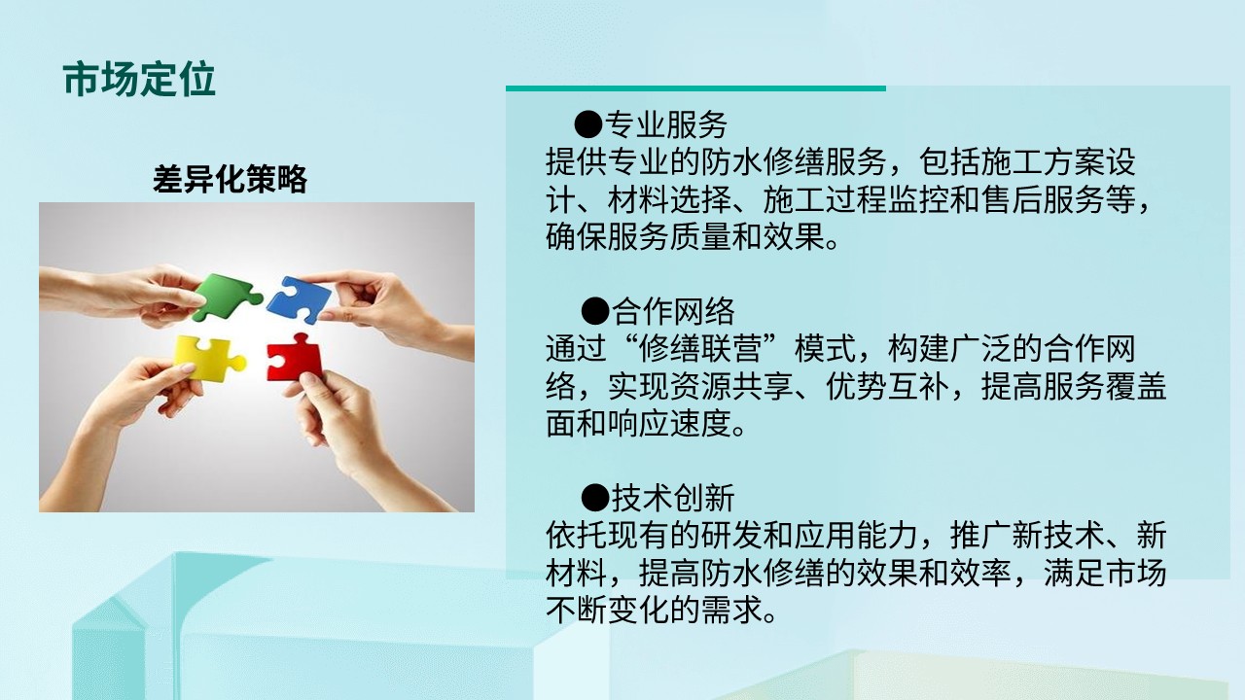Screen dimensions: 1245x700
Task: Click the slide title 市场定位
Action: pos(139,80)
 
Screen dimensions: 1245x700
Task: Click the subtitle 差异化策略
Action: pos(230,179)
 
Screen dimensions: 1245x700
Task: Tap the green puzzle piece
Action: pos(225,296)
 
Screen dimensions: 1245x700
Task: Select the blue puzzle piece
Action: pos(299,300)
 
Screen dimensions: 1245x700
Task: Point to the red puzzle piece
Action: pos(294,359)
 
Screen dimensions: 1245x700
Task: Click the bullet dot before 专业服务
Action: pos(588,123)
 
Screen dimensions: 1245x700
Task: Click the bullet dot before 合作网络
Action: pos(595,311)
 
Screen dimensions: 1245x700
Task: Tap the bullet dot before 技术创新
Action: pos(595,497)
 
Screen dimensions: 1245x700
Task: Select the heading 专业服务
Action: pos(666,123)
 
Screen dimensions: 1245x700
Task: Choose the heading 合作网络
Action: pos(673,311)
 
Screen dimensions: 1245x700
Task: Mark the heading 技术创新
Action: pos(673,497)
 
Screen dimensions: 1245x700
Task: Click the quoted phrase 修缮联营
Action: pos(701,348)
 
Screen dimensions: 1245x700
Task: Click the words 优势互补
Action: pos(888,386)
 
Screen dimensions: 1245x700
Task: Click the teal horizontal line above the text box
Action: pos(695,88)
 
